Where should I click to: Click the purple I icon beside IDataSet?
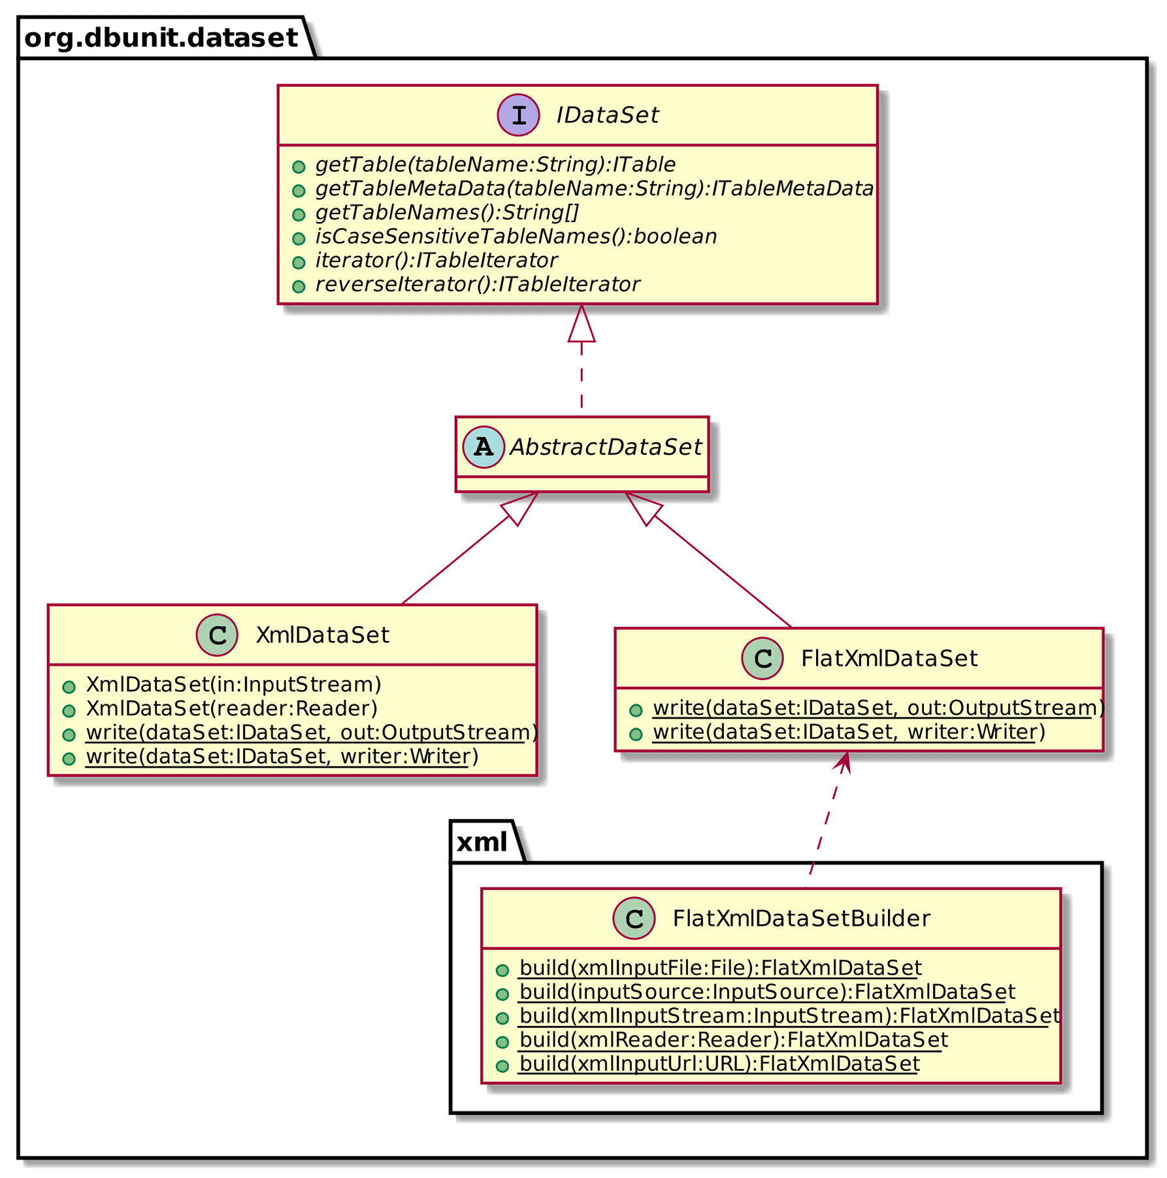518,115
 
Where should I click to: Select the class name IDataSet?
606,116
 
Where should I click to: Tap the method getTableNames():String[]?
447,212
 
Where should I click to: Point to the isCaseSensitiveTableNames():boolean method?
516,237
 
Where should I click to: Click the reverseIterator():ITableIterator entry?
477,284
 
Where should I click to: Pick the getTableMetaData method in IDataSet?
593,189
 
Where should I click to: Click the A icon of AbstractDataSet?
483,447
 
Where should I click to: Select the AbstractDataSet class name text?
605,447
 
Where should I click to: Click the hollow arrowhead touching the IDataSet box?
581,324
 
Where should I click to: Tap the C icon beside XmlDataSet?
217,634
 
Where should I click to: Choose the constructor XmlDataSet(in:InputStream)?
233,685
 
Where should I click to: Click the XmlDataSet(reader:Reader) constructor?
231,708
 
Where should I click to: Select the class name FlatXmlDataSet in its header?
889,659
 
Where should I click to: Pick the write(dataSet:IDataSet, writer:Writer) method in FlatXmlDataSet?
848,732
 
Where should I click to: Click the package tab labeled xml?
482,843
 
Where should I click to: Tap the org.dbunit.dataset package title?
161,39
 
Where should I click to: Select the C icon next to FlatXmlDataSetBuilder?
634,919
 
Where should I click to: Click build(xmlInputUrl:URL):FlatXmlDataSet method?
719,1064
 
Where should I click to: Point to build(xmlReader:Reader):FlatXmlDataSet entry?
732,1040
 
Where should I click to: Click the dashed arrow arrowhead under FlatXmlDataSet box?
844,762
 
